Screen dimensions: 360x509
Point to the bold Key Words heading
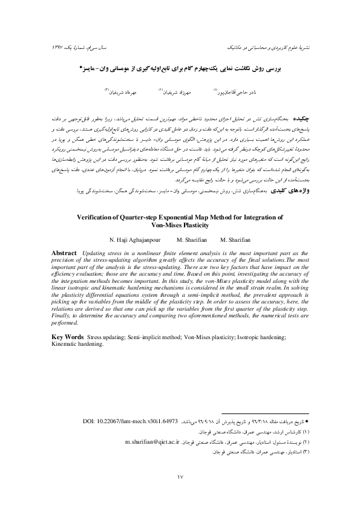tap(68, 337)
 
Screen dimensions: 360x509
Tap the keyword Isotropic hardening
tap(259, 337)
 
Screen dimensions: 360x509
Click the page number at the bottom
tap(180, 477)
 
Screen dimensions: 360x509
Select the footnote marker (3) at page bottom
tap(304, 451)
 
